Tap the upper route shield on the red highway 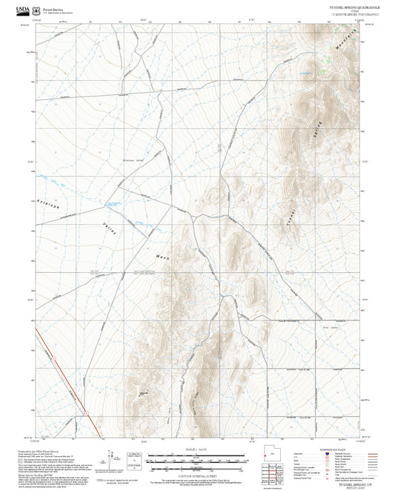click(x=53, y=359)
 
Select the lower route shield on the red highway click(x=86, y=411)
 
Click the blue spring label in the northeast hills click(x=305, y=72)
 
